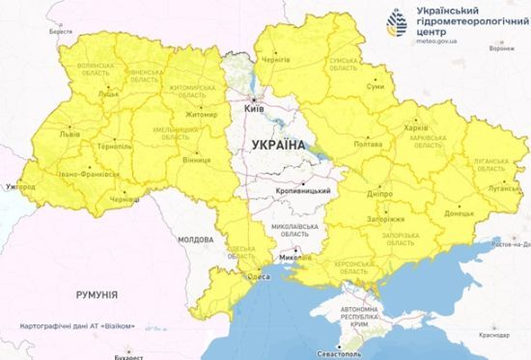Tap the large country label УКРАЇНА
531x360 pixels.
277,145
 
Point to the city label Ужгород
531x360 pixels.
18,185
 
